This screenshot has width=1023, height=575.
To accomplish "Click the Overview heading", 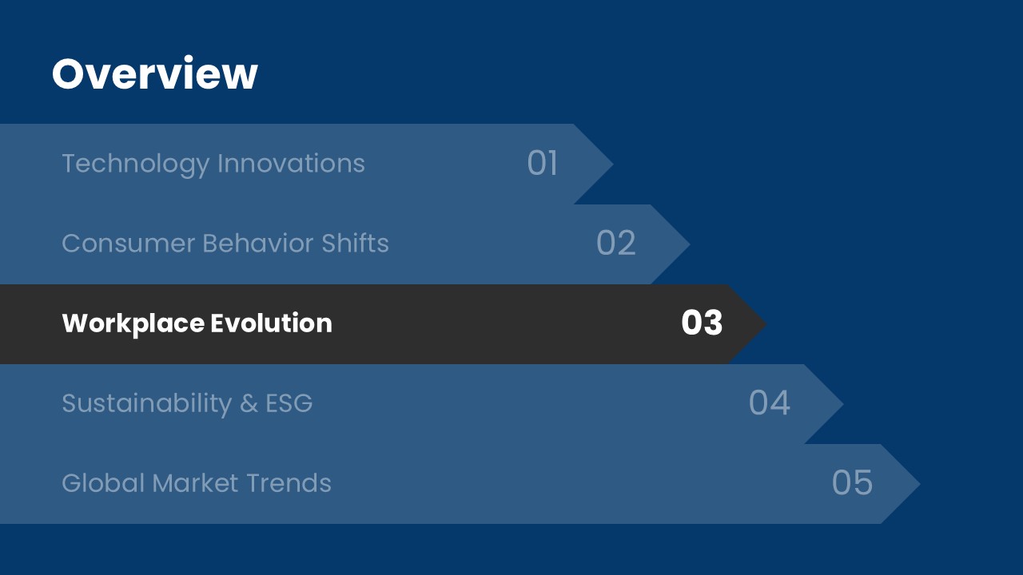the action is pos(155,73).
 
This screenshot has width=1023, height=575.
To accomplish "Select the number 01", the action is pos(543,163).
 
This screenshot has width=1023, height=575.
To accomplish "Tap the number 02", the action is pos(616,243).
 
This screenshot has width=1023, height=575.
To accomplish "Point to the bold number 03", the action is pos(702,323).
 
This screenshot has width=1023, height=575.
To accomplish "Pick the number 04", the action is pos(770,402).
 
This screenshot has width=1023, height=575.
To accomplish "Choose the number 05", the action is pos(852,482).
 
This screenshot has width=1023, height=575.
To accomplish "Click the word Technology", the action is pos(136,165).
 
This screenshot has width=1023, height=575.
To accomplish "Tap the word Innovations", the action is pos(292,163).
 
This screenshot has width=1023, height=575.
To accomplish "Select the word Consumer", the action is pos(129,244).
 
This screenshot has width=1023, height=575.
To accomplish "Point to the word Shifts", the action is pos(356,243).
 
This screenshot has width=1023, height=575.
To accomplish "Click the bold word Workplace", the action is pos(133,324).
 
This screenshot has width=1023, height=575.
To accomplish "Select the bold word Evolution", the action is pos(271,323).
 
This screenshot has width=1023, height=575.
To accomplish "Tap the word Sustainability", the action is pos(147,404).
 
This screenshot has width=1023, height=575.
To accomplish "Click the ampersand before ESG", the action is pos(249,403).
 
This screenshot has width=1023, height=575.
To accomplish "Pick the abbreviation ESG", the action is pos(289,403).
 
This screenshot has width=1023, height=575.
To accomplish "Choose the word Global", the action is pos(103,483).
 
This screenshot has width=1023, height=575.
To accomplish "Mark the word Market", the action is pos(195,483).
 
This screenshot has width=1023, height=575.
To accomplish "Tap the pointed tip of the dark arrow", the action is pos(766,324).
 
